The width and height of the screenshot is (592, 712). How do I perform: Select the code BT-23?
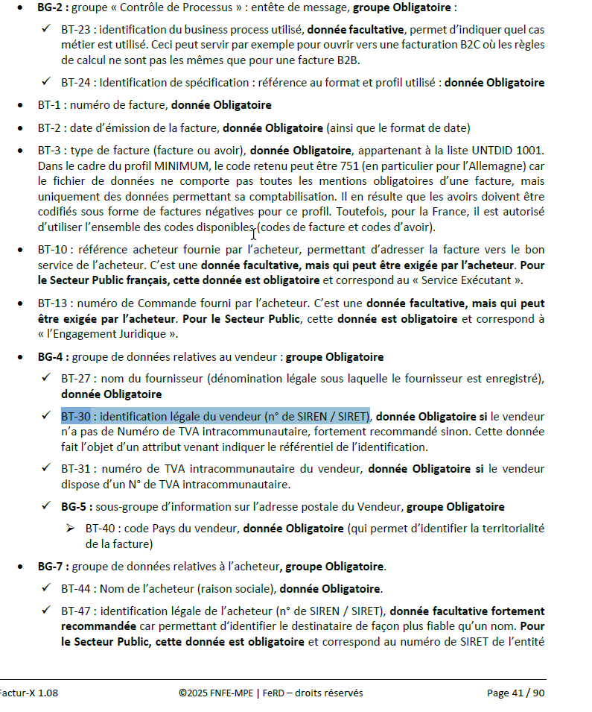point(76,31)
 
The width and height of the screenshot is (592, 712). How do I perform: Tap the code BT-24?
point(76,83)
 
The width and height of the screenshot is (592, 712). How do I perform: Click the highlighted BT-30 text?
point(216,416)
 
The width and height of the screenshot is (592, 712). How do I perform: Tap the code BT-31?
point(76,469)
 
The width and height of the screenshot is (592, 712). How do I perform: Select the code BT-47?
point(76,611)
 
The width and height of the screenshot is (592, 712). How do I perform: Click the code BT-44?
point(76,589)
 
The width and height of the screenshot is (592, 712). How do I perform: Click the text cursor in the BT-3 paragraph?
point(254,233)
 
